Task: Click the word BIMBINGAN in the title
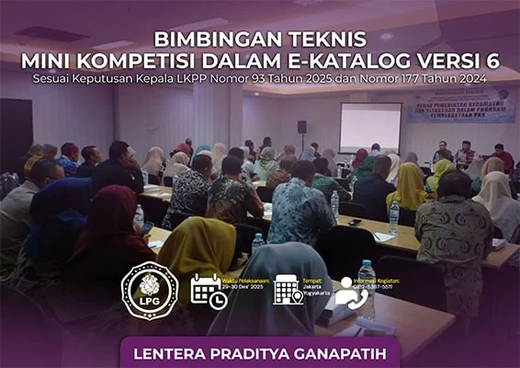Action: (x=189, y=40)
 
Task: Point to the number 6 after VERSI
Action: (x=493, y=61)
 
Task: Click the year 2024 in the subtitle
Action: (x=472, y=79)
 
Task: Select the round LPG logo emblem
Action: (x=150, y=292)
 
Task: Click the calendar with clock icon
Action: (x=208, y=292)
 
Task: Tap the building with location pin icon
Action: (x=288, y=290)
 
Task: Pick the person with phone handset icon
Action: (x=350, y=291)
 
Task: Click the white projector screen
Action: (x=370, y=127)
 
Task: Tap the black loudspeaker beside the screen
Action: (x=301, y=126)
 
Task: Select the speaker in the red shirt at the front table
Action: (x=500, y=156)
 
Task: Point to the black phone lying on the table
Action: (x=355, y=222)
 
